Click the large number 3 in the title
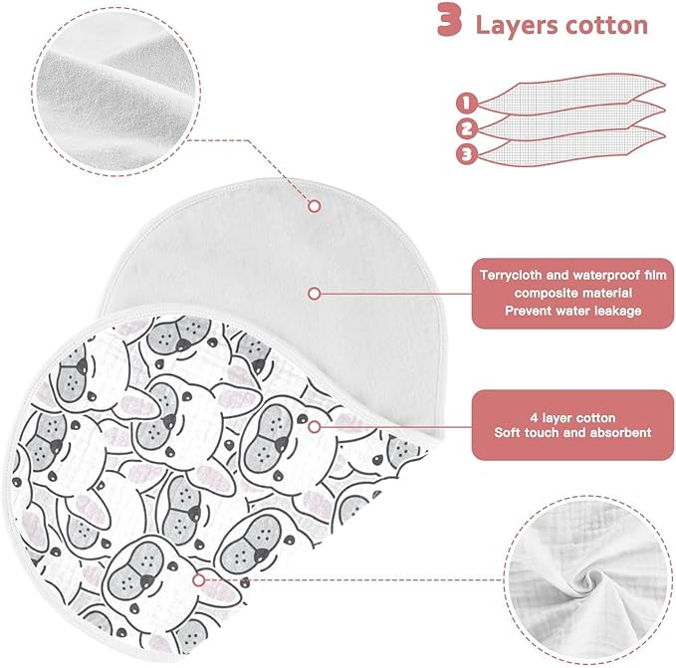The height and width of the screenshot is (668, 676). coord(450,19)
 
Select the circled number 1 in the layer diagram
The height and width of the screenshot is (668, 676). coord(467,103)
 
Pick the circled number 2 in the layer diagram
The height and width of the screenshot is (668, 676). coord(467,128)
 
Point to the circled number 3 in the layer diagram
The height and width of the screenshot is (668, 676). coord(467,154)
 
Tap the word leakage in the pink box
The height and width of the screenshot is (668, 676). coord(618,311)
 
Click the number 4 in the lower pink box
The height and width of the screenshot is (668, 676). coord(534,418)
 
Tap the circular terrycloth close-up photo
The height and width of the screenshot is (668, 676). coord(115,92)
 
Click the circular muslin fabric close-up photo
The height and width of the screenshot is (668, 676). coord(588,579)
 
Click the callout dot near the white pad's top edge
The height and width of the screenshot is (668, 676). coord(315,206)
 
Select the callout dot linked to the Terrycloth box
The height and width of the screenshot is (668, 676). coord(315,294)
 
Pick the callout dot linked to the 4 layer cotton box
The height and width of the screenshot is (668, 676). coord(315,427)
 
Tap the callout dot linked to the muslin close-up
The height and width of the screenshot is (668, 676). coord(199,580)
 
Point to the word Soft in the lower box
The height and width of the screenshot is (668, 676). coord(507,432)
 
